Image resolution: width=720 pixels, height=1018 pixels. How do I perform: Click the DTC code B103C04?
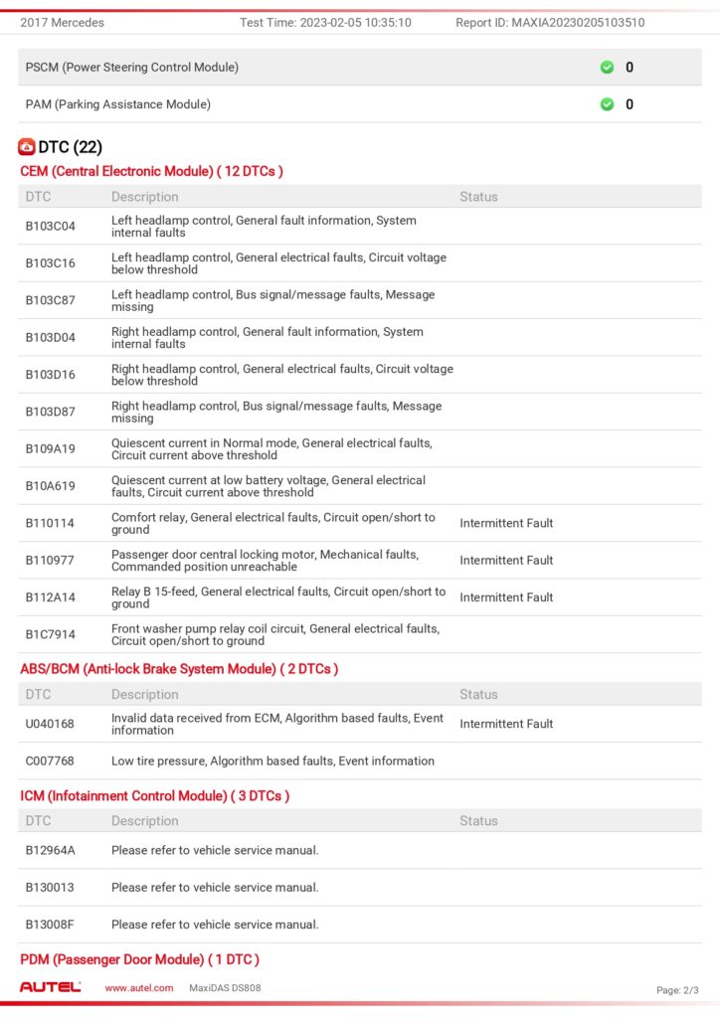click(x=51, y=227)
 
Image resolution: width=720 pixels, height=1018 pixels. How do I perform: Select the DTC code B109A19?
click(x=51, y=449)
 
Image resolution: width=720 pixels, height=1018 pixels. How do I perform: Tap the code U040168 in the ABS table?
click(x=51, y=724)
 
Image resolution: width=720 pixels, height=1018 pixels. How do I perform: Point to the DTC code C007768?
click(x=51, y=762)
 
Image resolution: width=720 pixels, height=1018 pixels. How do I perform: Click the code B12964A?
click(x=51, y=850)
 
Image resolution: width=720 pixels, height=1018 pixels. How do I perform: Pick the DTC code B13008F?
click(x=51, y=925)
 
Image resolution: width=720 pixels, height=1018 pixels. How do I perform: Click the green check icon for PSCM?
click(x=607, y=68)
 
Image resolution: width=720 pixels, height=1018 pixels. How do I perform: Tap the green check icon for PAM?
click(x=607, y=104)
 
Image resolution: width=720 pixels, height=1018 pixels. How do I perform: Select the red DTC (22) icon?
click(x=27, y=147)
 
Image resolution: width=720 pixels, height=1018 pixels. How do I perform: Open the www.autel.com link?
click(x=139, y=988)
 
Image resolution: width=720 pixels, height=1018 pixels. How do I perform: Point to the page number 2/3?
click(x=677, y=990)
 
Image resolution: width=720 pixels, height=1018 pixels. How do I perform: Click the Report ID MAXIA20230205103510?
click(x=550, y=23)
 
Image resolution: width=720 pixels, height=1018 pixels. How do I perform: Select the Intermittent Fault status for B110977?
click(x=506, y=561)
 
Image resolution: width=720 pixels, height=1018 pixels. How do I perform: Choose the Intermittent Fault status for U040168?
click(x=506, y=724)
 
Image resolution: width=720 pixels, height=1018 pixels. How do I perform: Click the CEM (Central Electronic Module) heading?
click(x=151, y=171)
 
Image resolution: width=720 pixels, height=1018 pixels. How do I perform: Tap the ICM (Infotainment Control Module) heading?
click(x=154, y=796)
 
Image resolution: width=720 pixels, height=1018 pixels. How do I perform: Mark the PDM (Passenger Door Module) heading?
click(x=139, y=959)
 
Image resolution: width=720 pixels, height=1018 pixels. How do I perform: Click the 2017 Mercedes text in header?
click(x=63, y=23)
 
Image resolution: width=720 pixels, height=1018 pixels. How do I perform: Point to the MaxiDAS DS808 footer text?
click(x=225, y=988)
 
